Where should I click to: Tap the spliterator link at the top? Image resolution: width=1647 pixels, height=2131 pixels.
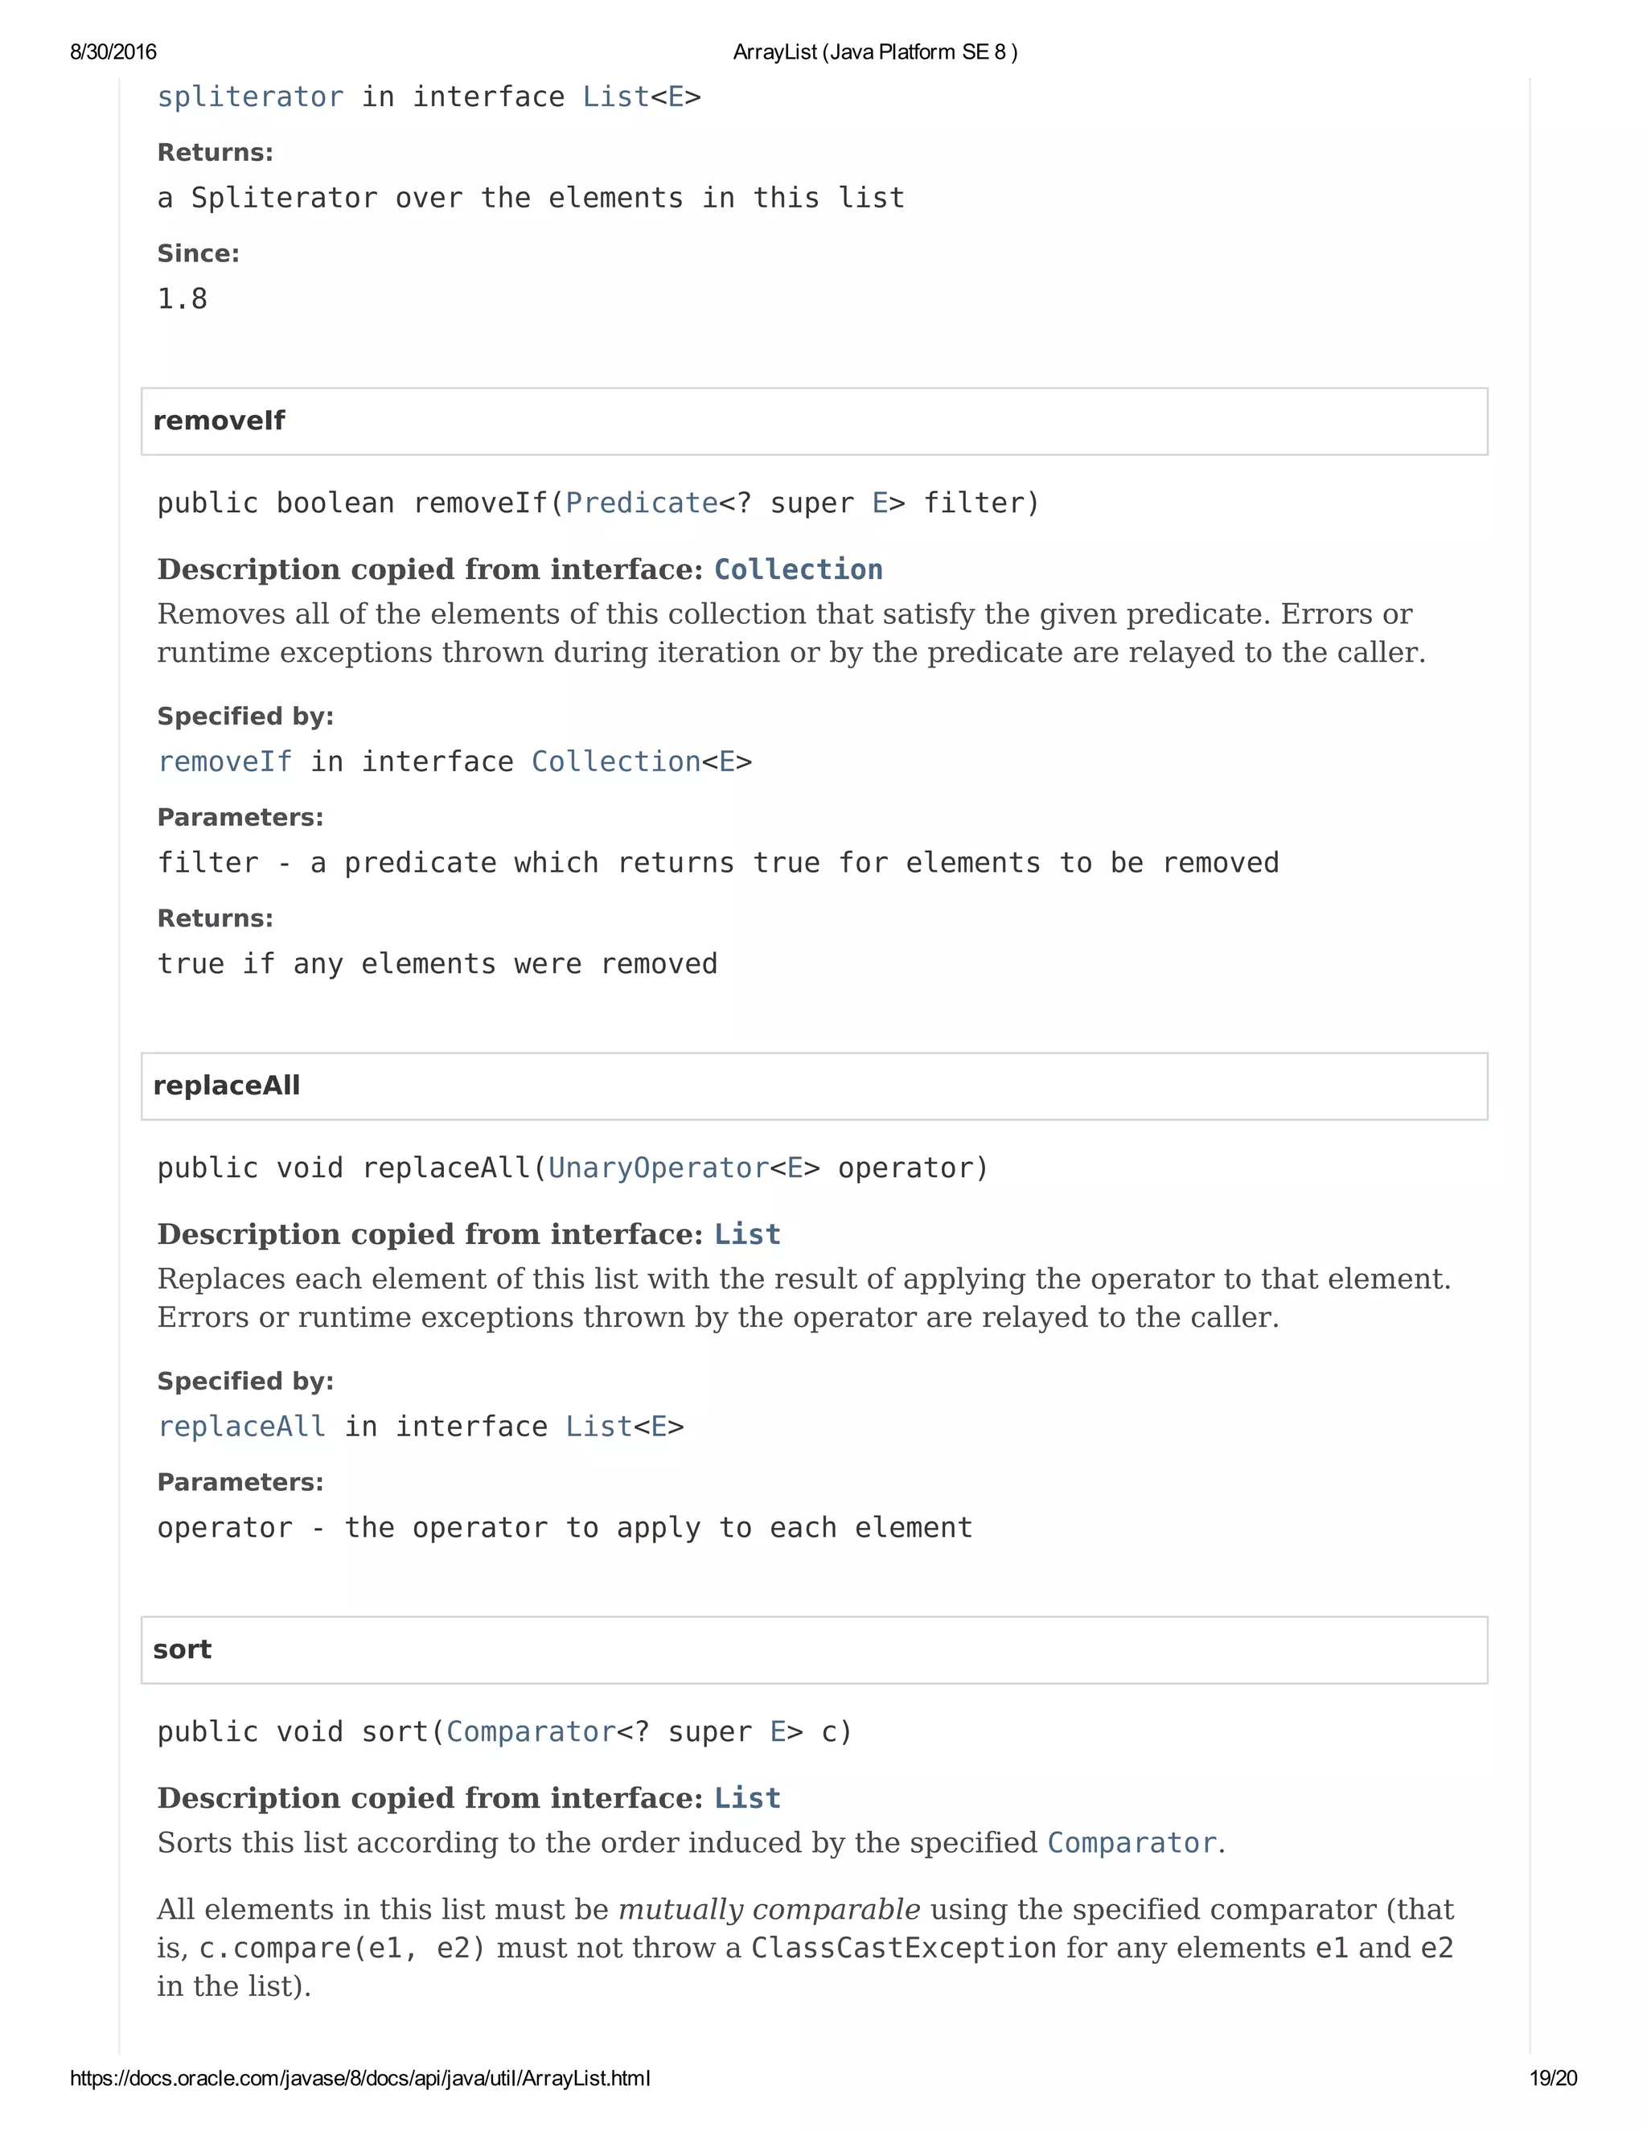point(250,97)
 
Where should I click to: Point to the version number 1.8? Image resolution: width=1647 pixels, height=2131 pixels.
point(183,300)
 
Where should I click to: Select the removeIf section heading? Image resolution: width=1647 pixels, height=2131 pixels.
point(219,421)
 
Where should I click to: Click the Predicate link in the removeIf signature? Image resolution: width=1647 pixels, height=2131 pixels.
point(641,503)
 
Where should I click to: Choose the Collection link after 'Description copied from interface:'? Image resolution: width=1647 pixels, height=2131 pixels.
point(798,570)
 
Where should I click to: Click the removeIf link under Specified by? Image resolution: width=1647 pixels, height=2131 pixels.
point(224,762)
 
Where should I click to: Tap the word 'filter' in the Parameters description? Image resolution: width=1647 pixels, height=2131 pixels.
point(207,864)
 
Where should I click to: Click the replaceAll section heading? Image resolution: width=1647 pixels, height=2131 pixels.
point(226,1086)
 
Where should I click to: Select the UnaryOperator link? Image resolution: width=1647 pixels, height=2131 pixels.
point(659,1169)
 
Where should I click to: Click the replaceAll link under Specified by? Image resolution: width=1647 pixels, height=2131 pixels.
point(241,1427)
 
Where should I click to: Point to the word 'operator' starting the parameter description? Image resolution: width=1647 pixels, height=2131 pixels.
point(224,1528)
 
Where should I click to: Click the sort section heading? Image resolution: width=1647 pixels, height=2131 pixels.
point(183,1650)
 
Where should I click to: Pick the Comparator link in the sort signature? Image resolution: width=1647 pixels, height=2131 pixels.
point(531,1733)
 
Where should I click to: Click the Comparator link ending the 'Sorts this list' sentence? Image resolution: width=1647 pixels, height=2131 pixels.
point(1132,1843)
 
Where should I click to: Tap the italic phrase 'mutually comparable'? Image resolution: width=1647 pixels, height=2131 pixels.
point(769,1910)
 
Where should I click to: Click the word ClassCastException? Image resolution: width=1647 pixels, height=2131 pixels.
point(903,1948)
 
